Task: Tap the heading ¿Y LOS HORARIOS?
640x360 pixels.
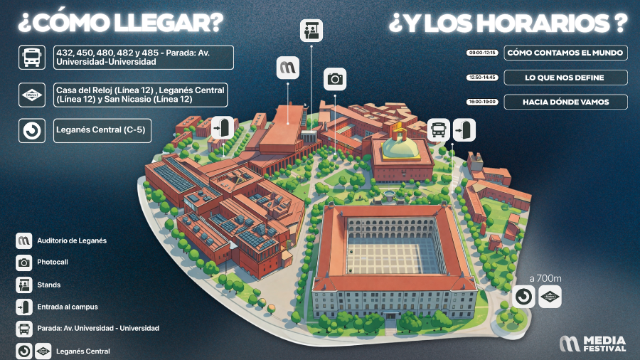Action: [x=508, y=23]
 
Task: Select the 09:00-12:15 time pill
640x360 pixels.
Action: [x=482, y=53]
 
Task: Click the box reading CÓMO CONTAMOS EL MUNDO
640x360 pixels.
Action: [x=565, y=53]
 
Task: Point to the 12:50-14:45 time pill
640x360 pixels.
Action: [x=482, y=77]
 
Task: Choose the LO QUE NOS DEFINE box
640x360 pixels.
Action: [x=565, y=77]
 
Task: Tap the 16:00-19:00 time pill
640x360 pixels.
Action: [x=482, y=102]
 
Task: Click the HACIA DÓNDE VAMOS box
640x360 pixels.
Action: [x=565, y=102]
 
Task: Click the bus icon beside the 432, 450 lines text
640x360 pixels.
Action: [x=32, y=57]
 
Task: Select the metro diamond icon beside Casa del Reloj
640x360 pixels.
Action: [x=32, y=95]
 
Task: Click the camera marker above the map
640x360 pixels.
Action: [x=336, y=79]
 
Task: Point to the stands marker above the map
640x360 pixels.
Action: [x=311, y=30]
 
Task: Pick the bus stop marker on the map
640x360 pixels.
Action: [x=439, y=130]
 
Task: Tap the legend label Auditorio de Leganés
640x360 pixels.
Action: [x=72, y=240]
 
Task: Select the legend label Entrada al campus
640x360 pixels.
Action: [x=68, y=307]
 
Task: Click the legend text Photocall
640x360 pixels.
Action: [x=53, y=263]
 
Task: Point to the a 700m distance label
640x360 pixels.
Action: [x=545, y=278]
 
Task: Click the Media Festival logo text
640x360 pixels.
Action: [x=604, y=344]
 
